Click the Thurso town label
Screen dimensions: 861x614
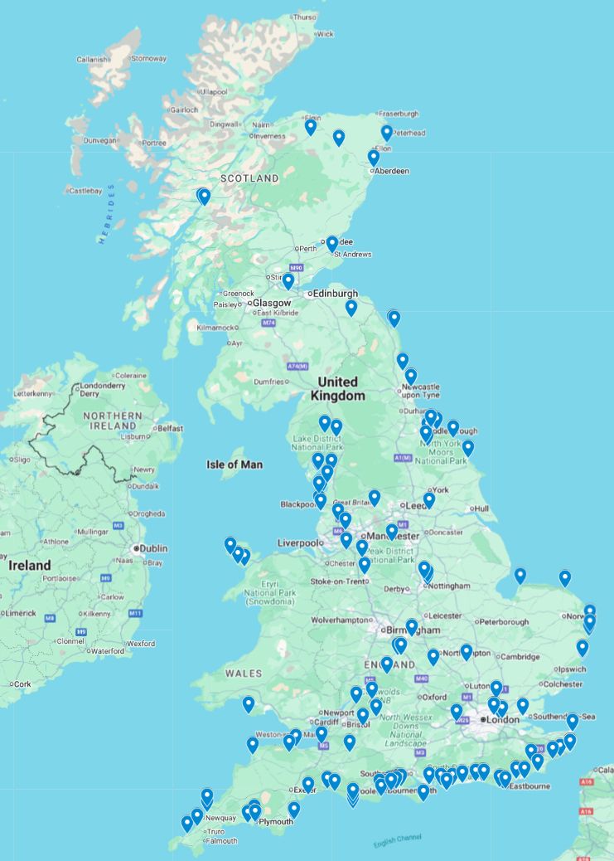pyautogui.click(x=304, y=17)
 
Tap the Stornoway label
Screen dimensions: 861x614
pyautogui.click(x=148, y=59)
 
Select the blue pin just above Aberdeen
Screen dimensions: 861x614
pyautogui.click(x=374, y=157)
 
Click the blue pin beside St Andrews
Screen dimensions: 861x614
pyautogui.click(x=332, y=243)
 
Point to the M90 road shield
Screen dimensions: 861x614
pyautogui.click(x=297, y=269)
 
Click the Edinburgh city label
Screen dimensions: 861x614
pyautogui.click(x=335, y=294)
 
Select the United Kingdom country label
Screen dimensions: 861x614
pyautogui.click(x=338, y=388)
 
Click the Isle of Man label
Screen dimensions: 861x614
pyautogui.click(x=234, y=465)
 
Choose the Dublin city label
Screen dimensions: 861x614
pyautogui.click(x=154, y=548)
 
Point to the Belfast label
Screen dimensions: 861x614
pyautogui.click(x=170, y=428)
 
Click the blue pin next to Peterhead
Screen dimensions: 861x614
pyautogui.click(x=386, y=132)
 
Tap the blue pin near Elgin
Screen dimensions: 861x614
pyautogui.click(x=311, y=126)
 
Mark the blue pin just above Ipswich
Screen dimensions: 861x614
pyautogui.click(x=583, y=647)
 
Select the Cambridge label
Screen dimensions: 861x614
pyautogui.click(x=520, y=657)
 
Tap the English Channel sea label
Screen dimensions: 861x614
pyautogui.click(x=397, y=840)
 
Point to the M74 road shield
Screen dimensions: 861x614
pyautogui.click(x=268, y=323)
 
